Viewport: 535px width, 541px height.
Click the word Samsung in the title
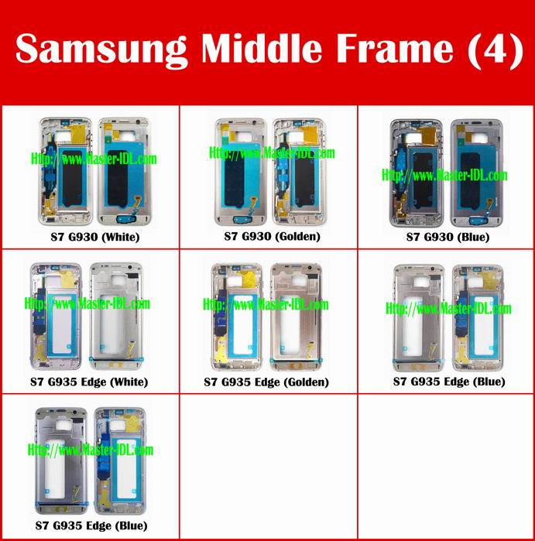(x=101, y=50)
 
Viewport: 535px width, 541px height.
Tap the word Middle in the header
(x=262, y=48)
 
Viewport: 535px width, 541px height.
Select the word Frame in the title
(x=395, y=48)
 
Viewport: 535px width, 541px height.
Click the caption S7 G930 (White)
(x=95, y=237)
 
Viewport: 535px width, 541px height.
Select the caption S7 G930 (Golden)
(x=272, y=236)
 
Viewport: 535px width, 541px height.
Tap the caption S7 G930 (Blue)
(x=448, y=237)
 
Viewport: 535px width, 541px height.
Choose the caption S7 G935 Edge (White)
(x=89, y=382)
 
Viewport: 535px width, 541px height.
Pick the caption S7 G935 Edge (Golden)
(x=266, y=382)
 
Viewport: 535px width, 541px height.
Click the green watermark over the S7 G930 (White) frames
(x=94, y=159)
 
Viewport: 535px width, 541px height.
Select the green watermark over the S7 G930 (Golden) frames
(x=272, y=152)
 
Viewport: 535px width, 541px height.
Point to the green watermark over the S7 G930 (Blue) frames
(x=444, y=175)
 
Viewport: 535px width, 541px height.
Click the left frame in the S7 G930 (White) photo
(x=66, y=172)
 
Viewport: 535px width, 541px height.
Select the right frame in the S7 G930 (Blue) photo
(x=477, y=173)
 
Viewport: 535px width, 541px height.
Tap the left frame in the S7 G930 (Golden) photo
(x=241, y=172)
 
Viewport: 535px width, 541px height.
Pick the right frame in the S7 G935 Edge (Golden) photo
(x=297, y=317)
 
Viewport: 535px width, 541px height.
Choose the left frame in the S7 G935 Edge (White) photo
(x=57, y=317)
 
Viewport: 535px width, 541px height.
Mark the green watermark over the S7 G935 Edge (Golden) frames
(x=266, y=304)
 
